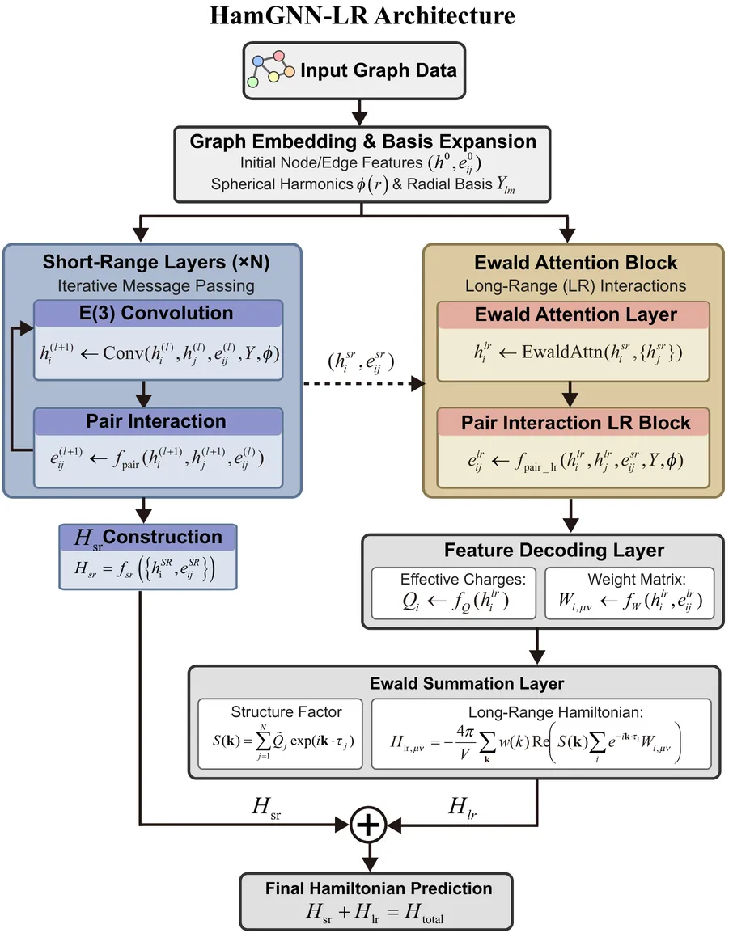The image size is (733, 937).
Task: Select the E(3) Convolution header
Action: coord(159,314)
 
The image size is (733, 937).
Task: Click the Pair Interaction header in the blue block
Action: coord(156,421)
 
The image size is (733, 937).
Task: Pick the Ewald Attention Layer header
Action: coord(575,314)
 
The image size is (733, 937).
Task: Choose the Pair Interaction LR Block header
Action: coord(575,423)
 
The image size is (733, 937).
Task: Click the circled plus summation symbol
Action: coord(368,825)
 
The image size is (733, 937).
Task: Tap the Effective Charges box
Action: coord(454,594)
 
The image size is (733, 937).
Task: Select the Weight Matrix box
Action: coord(629,594)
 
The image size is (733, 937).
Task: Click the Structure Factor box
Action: coord(286,734)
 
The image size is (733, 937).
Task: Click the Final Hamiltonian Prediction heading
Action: coord(379,888)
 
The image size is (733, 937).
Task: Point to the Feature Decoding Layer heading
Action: coord(553,551)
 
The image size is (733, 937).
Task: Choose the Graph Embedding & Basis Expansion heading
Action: coord(362,141)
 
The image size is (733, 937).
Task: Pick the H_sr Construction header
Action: coord(147,538)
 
